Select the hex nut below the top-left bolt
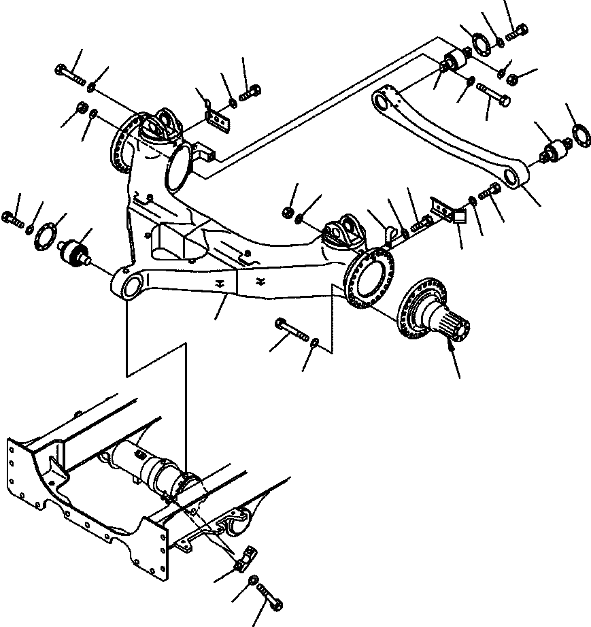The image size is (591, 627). [81, 107]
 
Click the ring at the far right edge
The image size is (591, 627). [579, 134]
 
